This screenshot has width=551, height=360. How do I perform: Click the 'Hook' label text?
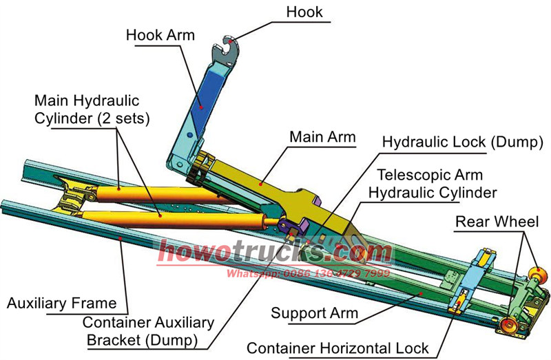[304, 12]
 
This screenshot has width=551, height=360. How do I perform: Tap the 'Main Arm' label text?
[322, 137]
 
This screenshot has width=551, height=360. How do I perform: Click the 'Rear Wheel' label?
[497, 222]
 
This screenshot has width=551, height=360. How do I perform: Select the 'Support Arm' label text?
[315, 313]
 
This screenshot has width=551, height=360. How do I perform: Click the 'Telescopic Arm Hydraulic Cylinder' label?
[425, 184]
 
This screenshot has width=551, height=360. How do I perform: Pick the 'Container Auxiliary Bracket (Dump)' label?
[148, 331]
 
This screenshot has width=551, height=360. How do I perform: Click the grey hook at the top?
[227, 52]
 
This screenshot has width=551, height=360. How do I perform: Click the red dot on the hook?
[222, 43]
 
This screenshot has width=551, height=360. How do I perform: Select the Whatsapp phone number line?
[309, 273]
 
